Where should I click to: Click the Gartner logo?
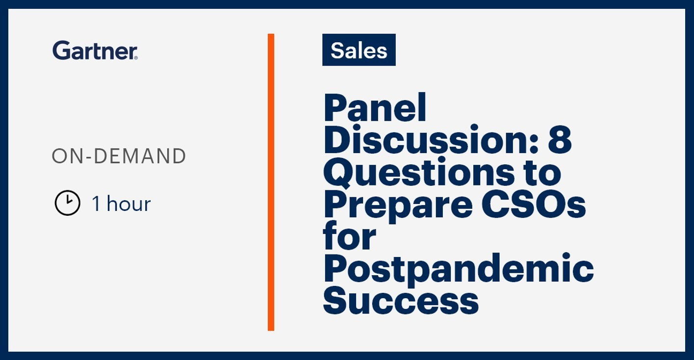pos(95,50)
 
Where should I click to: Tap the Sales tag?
pos(359,50)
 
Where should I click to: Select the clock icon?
pos(68,203)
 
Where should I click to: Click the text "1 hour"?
pos(121,204)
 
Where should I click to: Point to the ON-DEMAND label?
pos(119,156)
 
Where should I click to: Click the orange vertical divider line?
pos(271,182)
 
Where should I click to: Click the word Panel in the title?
pos(375,107)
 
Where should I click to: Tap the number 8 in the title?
pos(560,140)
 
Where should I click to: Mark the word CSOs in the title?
pos(534,204)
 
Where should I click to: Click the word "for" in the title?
pos(350,236)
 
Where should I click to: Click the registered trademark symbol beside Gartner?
pos(135,57)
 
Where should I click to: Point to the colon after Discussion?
pos(534,144)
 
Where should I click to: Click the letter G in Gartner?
pos(61,50)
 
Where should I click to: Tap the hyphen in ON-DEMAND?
pos(89,157)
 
